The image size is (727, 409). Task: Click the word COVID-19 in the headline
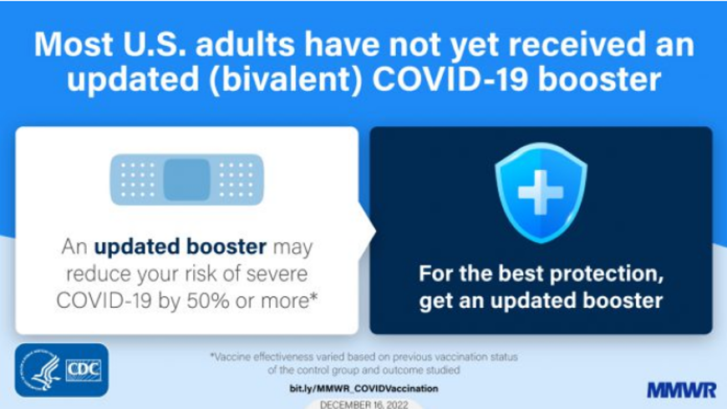tap(450, 79)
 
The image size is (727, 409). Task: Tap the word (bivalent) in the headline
tap(285, 80)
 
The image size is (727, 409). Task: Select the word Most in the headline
tap(74, 44)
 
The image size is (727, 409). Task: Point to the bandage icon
tap(187, 179)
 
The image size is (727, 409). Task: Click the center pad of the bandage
tap(187, 179)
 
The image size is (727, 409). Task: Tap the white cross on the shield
tap(541, 192)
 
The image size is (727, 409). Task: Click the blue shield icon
tap(541, 193)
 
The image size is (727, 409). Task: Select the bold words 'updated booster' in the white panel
tap(180, 247)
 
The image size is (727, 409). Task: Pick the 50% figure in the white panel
tap(208, 301)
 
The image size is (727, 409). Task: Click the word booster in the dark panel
tap(623, 300)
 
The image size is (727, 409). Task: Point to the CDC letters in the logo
tap(84, 370)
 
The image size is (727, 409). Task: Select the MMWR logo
tap(682, 390)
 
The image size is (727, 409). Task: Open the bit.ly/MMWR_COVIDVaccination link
tap(363, 388)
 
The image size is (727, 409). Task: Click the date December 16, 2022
tap(364, 404)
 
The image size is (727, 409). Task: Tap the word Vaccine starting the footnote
tap(231, 357)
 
